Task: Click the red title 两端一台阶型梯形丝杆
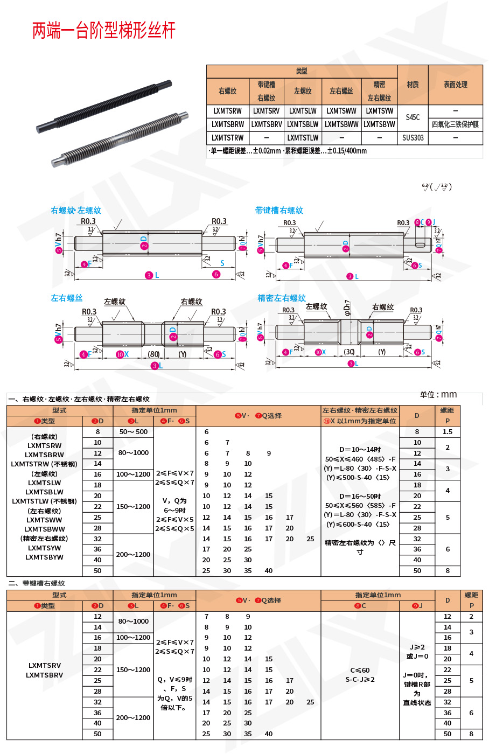pos(104,31)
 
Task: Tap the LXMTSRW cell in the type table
pos(227,111)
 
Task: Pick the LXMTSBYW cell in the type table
pos(379,124)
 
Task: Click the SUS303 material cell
pos(413,138)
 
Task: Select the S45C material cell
pos(413,117)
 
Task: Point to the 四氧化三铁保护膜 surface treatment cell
pos(455,124)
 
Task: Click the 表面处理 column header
pos(455,85)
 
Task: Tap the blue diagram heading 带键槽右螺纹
pos(279,211)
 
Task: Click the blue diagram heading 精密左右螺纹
pos(281,298)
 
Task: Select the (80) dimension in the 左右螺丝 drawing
pos(154,354)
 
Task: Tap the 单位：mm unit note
pos(438,395)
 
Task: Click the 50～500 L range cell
pos(133,432)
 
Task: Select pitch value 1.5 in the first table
pos(448,432)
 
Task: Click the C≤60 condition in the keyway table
pos(360,671)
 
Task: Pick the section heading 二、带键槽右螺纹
pos(36,583)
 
